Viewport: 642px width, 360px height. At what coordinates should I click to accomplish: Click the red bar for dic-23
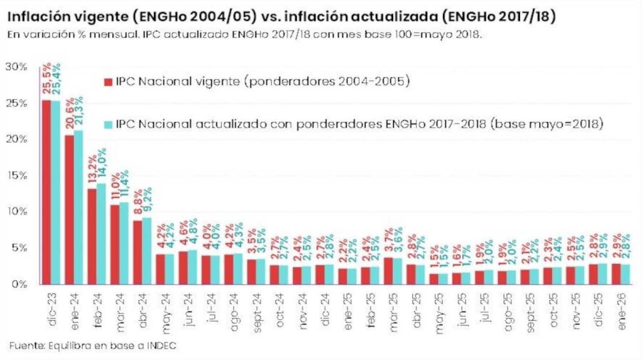46,192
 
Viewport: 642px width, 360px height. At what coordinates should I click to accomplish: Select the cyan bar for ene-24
78,207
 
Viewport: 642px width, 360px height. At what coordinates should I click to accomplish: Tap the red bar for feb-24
92,236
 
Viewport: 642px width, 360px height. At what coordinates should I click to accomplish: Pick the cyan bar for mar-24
123,243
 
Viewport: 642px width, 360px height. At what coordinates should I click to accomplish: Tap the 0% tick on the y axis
19,284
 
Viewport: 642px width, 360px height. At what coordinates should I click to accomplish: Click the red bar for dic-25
592,274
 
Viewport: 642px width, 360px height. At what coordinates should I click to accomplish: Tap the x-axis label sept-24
256,304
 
